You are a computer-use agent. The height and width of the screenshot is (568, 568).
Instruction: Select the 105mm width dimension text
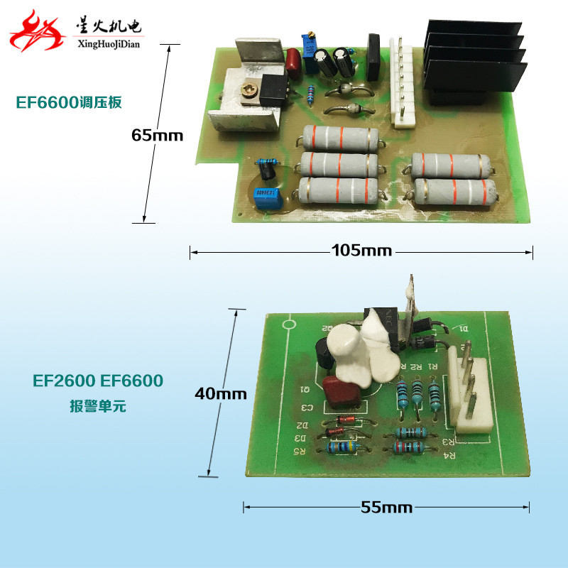[361, 251]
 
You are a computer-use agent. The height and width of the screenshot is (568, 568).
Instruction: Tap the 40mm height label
[222, 393]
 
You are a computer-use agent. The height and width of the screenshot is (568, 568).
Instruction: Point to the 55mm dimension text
[387, 507]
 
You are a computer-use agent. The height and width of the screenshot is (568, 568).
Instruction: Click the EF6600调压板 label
[70, 103]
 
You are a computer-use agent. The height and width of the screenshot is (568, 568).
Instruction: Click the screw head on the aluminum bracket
[249, 90]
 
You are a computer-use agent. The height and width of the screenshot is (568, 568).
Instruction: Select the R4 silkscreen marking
[449, 457]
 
